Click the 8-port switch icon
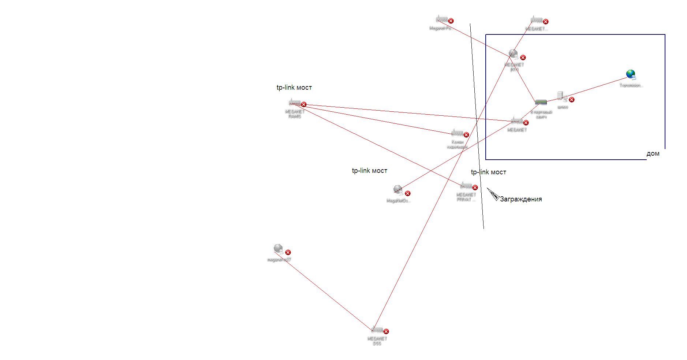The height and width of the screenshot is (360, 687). tap(541, 103)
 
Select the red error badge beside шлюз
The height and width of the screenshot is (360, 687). tap(571, 100)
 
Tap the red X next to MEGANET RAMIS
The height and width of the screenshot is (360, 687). tap(303, 104)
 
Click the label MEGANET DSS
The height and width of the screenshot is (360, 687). tap(377, 341)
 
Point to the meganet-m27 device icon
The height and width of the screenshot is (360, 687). tap(278, 249)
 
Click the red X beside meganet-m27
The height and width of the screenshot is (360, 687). tap(288, 252)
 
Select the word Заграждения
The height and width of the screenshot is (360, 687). tap(520, 199)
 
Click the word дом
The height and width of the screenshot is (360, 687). tap(653, 153)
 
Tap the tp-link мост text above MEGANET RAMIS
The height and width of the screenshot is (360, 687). tap(294, 88)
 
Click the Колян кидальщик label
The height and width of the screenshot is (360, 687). tap(457, 144)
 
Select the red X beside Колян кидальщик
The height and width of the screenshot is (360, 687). tap(466, 135)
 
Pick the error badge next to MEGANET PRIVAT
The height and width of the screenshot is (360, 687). tap(475, 188)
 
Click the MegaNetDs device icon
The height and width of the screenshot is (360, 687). tap(398, 190)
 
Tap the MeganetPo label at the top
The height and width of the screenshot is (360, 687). tap(440, 28)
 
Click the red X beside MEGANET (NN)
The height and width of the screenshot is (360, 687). tap(523, 57)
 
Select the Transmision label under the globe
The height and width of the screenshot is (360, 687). tap(631, 85)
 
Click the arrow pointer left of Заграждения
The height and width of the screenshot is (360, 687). tap(492, 194)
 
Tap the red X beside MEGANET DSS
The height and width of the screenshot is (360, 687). tap(386, 331)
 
